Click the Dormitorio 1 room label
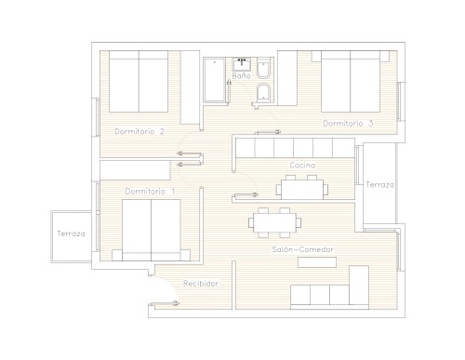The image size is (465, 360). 150,192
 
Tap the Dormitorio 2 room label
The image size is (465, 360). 139,131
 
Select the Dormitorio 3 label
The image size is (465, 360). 348,124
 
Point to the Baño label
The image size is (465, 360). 241,75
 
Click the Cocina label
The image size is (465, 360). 302,166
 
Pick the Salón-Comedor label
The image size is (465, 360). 302,249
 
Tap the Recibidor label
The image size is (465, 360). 201,284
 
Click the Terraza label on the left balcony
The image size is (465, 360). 71,233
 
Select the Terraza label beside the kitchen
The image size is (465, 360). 379,185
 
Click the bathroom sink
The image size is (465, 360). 242,64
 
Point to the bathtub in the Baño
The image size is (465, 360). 214,80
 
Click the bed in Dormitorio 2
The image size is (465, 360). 139,81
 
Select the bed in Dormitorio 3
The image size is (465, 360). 351,81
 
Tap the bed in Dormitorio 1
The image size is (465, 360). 152,230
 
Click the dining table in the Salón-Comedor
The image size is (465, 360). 274,222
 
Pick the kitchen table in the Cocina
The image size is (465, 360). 302,190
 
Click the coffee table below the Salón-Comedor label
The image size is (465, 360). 317,262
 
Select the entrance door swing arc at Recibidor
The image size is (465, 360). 168,286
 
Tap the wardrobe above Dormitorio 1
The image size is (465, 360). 135,170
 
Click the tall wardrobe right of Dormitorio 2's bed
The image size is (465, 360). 190,87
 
